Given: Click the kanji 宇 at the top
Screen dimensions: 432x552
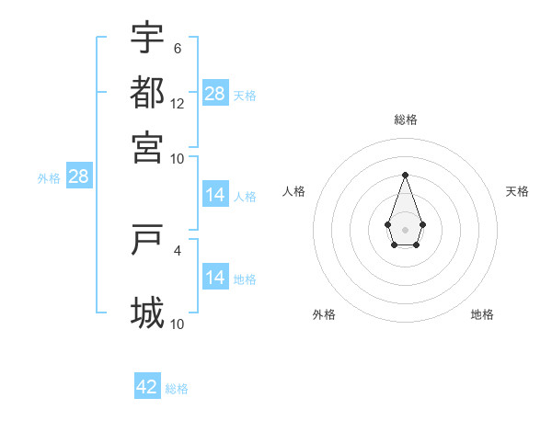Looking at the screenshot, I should [x=147, y=39].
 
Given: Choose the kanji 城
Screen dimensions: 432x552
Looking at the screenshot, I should [x=147, y=313].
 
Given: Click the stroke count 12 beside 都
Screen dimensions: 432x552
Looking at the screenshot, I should [x=178, y=104].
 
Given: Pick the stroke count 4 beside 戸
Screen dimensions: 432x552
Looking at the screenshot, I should [x=178, y=249].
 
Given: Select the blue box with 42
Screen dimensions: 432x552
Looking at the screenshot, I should [x=147, y=387].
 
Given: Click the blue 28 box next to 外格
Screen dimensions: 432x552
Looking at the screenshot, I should [x=78, y=177].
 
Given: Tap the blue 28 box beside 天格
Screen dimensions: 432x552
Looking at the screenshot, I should [x=215, y=94].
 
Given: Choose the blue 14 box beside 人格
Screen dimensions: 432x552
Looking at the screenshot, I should [x=215, y=195].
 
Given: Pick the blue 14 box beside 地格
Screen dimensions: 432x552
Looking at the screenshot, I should [x=215, y=278].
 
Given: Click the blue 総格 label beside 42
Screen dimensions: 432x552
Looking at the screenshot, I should [x=177, y=389].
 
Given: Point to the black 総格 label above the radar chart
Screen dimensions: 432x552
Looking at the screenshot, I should [x=405, y=119].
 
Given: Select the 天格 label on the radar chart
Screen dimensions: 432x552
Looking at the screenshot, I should [x=517, y=191].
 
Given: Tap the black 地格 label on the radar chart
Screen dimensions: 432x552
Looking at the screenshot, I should [x=482, y=314].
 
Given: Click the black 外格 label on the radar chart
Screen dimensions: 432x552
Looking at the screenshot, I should [x=324, y=314].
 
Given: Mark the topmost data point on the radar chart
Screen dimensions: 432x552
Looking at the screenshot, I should [x=405, y=174].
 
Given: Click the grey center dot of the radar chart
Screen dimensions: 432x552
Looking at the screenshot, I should [x=405, y=229].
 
